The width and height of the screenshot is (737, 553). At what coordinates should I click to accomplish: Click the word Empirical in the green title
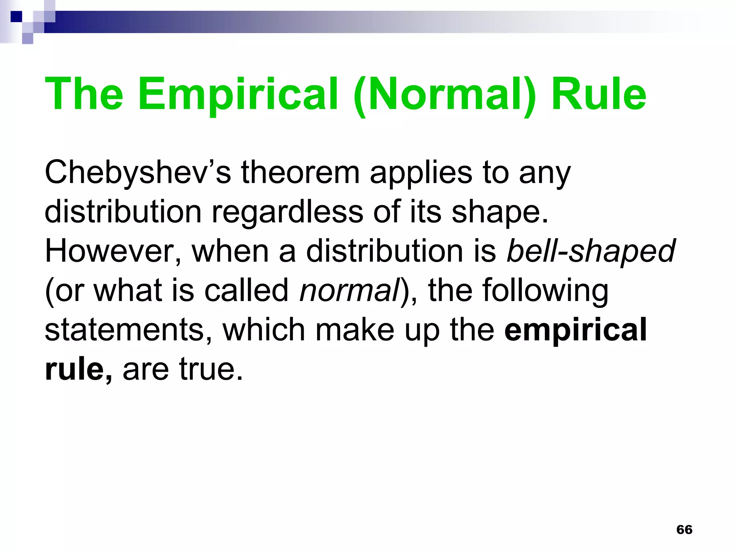pyautogui.click(x=238, y=94)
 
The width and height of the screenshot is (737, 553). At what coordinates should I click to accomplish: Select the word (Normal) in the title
pyautogui.click(x=445, y=94)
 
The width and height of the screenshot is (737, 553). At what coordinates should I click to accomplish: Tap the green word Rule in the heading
pyautogui.click(x=599, y=94)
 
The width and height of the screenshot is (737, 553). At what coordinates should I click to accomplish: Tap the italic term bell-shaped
pyautogui.click(x=591, y=251)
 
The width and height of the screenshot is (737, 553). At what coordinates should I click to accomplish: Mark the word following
pyautogui.click(x=545, y=291)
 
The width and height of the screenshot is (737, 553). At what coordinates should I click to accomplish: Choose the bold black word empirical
pyautogui.click(x=575, y=331)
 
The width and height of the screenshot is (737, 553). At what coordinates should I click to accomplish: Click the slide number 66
pyautogui.click(x=684, y=530)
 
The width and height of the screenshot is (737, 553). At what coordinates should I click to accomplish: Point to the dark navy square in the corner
pyautogui.click(x=16, y=17)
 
